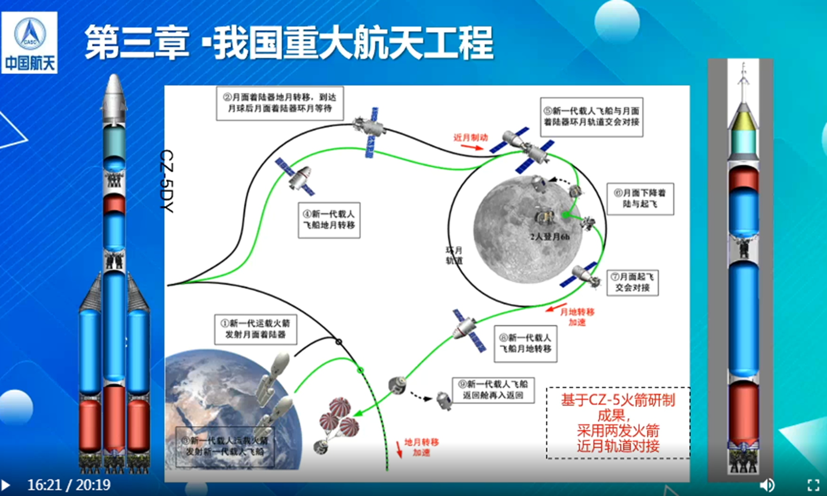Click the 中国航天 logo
click(29, 43)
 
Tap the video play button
click(6, 485)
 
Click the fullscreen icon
click(813, 485)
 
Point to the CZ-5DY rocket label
click(167, 181)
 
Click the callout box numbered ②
click(280, 103)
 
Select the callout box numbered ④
click(329, 220)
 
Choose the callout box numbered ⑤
click(591, 117)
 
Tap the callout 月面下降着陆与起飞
click(640, 199)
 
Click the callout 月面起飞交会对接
click(632, 283)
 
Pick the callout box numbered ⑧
click(526, 343)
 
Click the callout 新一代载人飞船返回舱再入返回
click(493, 390)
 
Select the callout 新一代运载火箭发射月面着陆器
click(256, 329)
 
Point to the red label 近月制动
click(471, 138)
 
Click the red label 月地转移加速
click(577, 317)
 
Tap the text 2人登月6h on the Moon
click(550, 237)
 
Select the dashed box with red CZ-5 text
click(618, 423)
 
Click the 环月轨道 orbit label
click(454, 255)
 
